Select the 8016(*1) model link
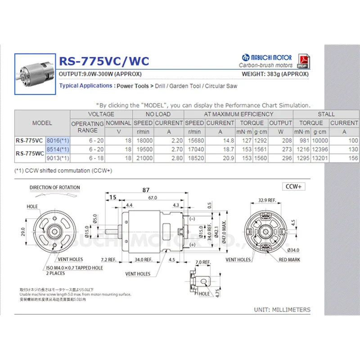click(x=58, y=140)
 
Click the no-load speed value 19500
click(x=144, y=149)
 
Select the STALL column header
click(x=326, y=114)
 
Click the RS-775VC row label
click(x=30, y=140)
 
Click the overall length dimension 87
click(x=145, y=190)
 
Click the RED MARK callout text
click(x=289, y=260)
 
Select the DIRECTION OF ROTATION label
click(x=55, y=188)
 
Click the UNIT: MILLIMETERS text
click(x=282, y=310)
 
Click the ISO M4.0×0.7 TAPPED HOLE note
click(x=75, y=268)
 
